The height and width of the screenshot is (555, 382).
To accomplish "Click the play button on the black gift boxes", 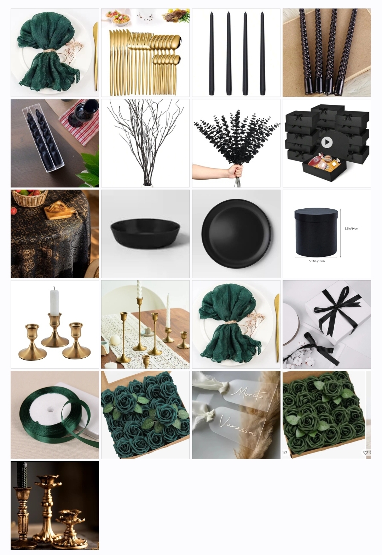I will tap(327, 143).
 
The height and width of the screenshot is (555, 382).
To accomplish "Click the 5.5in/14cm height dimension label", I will tap(351, 229).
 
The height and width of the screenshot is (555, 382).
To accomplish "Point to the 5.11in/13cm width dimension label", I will tap(317, 261).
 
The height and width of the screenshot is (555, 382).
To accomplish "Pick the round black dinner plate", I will tap(236, 231).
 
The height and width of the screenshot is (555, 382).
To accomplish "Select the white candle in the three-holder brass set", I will tap(54, 301).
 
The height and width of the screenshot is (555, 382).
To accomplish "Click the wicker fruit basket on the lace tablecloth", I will tap(30, 198).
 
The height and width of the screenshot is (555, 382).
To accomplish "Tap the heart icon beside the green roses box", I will tap(365, 452).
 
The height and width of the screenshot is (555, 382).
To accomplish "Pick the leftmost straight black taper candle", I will tap(211, 53).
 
